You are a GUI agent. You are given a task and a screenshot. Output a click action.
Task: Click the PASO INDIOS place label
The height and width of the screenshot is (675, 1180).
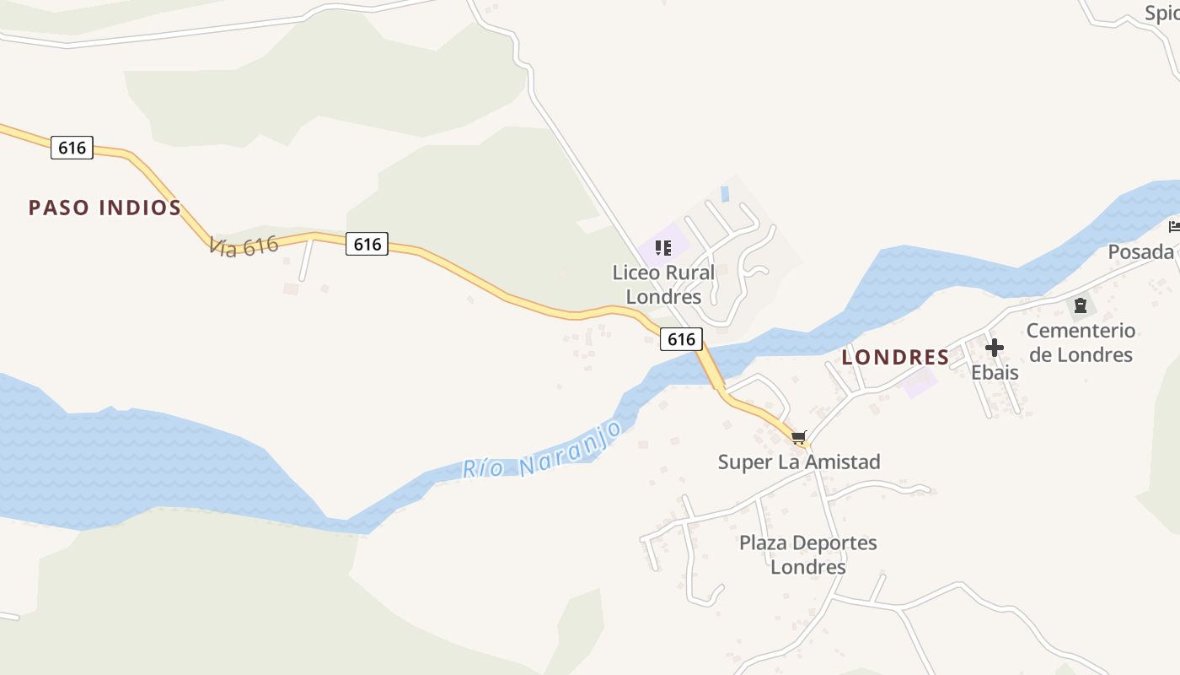click(x=105, y=208)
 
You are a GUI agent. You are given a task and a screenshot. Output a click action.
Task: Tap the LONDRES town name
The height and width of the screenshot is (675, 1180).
click(x=895, y=357)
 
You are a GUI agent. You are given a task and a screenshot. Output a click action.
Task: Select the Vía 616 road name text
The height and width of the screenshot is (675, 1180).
click(x=244, y=246)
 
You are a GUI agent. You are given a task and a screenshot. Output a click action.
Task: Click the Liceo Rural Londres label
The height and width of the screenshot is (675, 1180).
click(x=663, y=284)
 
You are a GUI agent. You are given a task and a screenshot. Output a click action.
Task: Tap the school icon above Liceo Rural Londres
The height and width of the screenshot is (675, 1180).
click(x=663, y=248)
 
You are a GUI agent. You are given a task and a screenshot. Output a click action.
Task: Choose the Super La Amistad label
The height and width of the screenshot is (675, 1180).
click(x=798, y=462)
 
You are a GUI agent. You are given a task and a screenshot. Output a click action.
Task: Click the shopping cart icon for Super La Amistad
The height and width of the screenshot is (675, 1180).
click(x=799, y=437)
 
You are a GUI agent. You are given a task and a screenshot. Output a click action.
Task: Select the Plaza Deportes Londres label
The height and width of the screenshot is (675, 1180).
click(x=807, y=554)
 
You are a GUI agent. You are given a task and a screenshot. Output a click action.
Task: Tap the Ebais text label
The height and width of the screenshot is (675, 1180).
click(x=995, y=372)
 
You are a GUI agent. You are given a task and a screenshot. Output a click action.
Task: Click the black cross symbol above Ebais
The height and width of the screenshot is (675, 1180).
click(x=995, y=347)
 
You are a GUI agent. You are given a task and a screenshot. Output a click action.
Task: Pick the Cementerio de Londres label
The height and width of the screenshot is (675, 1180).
click(x=1081, y=342)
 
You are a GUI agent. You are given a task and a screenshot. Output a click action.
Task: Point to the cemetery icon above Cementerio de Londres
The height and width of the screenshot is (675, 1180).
click(x=1080, y=305)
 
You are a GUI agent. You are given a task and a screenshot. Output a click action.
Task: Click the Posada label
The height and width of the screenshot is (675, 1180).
click(x=1140, y=251)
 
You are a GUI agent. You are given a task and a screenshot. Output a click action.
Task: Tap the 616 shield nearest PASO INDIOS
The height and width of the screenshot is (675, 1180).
click(x=72, y=148)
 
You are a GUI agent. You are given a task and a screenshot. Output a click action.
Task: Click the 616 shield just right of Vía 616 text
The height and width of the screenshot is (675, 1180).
click(x=367, y=245)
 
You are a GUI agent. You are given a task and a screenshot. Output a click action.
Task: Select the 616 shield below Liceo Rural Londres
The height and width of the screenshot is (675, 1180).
click(x=680, y=339)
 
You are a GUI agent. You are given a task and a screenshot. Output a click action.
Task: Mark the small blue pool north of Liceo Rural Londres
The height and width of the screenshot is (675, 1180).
click(x=724, y=194)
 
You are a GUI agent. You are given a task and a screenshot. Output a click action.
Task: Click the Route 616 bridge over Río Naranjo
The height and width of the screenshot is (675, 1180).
click(x=710, y=368)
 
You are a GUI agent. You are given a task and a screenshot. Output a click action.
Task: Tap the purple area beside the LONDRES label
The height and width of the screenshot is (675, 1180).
click(x=920, y=383)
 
